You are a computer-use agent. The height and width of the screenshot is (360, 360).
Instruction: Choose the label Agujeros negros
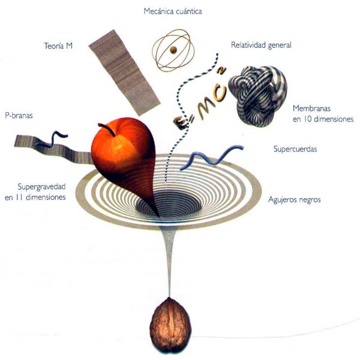pyautogui.click(x=294, y=199)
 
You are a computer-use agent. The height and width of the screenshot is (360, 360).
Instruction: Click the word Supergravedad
pyautogui.click(x=41, y=186)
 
